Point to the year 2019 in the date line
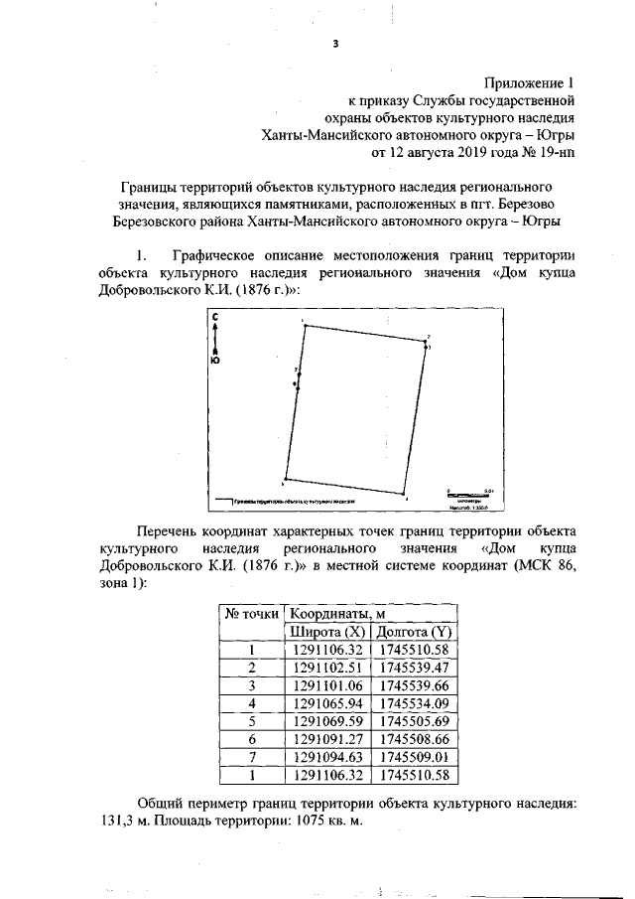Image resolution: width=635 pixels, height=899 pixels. coord(471,154)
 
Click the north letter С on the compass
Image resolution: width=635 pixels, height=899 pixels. coord(215,316)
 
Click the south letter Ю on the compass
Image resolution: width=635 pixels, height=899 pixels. coord(215,362)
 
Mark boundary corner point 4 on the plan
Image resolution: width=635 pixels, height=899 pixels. coord(406,494)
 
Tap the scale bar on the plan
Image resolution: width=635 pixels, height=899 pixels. coord(466,493)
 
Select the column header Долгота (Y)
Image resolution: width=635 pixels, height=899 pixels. coord(414,632)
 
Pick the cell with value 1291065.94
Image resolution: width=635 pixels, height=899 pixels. coord(326,702)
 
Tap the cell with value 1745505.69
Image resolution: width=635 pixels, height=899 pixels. coord(414,720)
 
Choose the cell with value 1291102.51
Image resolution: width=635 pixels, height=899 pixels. coord(326,667)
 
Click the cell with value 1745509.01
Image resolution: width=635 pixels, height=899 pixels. coord(414,756)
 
